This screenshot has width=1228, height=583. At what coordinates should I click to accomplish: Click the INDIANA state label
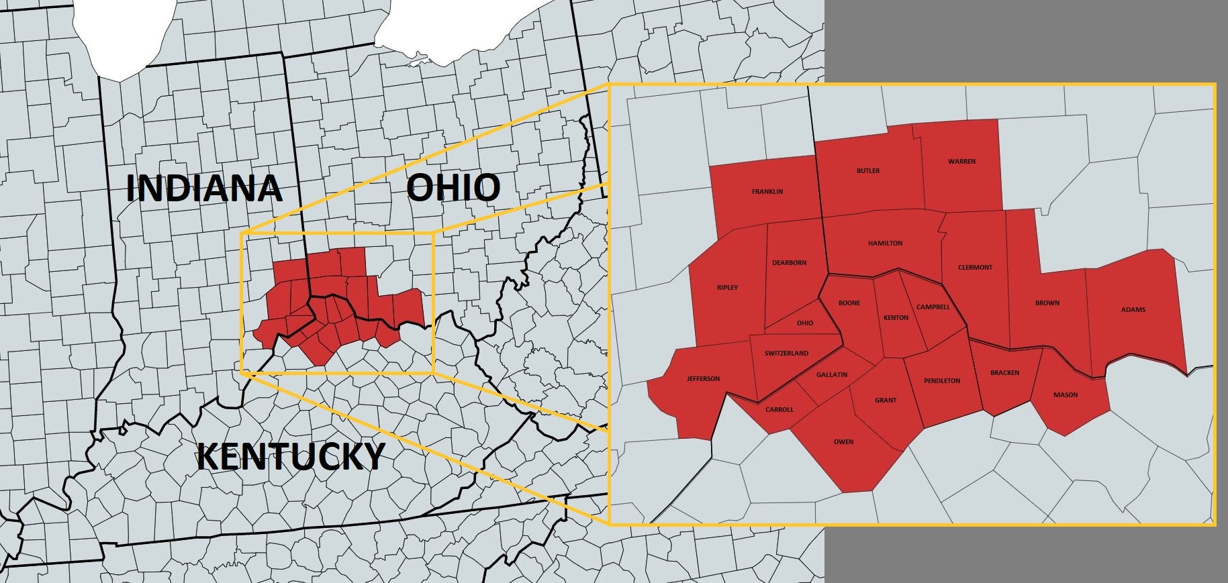pos(203,188)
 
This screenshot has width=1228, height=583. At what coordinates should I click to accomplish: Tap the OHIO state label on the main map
pos(453,187)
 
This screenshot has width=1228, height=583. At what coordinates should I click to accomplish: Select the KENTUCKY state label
pos(291,457)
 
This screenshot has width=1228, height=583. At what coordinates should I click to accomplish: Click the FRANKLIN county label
pos(767,192)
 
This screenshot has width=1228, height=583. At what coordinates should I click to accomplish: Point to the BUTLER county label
pos(868,171)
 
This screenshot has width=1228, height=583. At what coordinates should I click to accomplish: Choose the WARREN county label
pos(962,162)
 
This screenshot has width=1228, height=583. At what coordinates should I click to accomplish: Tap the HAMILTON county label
pos(886,244)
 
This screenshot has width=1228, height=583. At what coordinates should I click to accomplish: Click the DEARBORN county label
pos(790,263)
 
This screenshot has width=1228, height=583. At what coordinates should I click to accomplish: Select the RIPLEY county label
pos(727,288)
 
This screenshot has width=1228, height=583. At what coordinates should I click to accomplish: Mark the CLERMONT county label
pos(976,268)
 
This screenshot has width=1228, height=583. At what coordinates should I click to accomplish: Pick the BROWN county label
pos(1047,303)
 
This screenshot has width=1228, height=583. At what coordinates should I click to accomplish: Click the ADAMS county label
pos(1133,310)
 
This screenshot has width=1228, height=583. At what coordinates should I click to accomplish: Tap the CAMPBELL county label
pos(933,307)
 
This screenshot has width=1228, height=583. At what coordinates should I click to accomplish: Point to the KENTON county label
pos(896,318)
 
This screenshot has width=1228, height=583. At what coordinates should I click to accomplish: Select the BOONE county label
pos(849,303)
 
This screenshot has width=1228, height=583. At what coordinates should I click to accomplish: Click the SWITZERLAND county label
pos(787,354)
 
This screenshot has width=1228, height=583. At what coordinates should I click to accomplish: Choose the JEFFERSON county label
pos(703,379)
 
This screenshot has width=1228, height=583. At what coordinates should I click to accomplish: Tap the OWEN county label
pos(844,442)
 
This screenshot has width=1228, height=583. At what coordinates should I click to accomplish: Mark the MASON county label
pos(1066,395)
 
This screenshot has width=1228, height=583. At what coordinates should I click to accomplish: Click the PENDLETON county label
pos(942,381)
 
